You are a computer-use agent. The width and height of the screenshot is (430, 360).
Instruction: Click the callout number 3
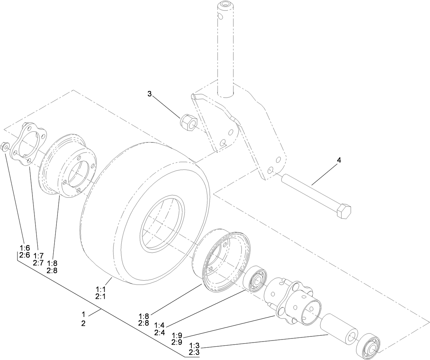149,94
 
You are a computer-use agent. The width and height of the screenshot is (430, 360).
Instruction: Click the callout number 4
339,160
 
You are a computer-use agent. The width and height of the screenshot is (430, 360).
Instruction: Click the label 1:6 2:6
25,252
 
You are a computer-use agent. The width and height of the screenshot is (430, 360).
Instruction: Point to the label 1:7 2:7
39,259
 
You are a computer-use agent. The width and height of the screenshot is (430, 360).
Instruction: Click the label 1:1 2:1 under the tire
100,293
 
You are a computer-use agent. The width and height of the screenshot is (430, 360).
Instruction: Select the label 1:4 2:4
159,329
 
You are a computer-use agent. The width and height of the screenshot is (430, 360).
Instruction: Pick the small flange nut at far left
5,147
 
